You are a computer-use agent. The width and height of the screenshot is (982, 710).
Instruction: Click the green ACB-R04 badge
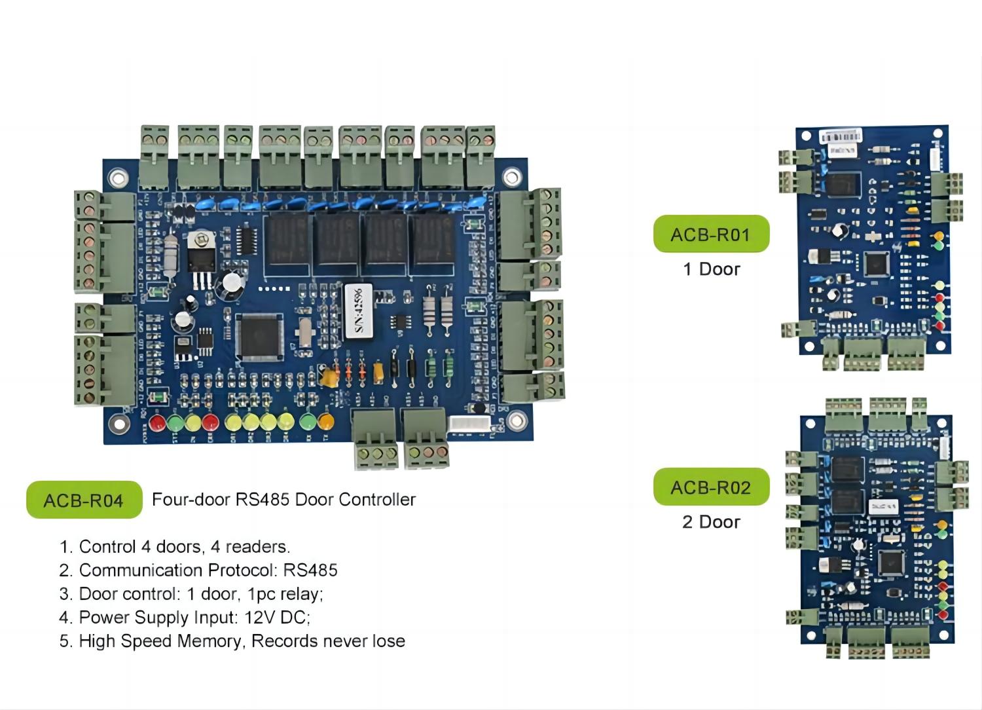(x=84, y=500)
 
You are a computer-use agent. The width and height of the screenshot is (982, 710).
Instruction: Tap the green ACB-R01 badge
(x=711, y=234)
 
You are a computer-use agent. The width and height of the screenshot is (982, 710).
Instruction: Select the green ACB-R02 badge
(x=711, y=487)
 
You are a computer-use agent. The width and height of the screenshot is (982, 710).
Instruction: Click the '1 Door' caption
(x=711, y=269)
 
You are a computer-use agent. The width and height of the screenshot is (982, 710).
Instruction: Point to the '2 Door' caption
(x=711, y=522)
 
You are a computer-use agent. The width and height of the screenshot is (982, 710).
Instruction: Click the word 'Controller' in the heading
(x=380, y=500)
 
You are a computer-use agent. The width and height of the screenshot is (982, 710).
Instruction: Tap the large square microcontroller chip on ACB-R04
(x=260, y=335)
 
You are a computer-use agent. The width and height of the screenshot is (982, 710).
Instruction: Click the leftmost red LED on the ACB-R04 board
(x=157, y=422)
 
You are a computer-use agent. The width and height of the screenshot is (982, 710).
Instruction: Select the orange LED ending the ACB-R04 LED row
(x=325, y=420)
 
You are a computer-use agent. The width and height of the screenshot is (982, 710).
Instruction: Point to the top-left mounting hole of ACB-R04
(x=118, y=177)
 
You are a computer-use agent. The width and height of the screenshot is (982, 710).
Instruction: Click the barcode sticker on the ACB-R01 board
(x=840, y=136)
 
